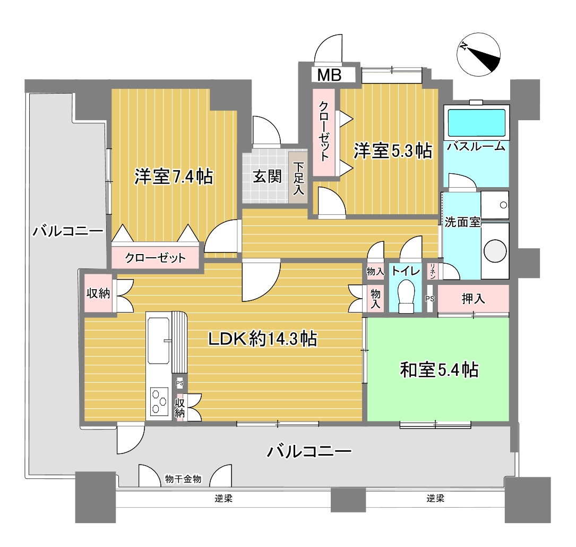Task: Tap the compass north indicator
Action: (478, 54)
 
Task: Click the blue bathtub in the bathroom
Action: (476, 122)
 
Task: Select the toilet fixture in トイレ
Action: (406, 297)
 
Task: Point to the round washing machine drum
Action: (495, 251)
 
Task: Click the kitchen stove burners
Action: (159, 401)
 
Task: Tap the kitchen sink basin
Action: (158, 340)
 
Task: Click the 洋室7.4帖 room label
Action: (174, 176)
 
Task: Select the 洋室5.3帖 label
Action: (393, 151)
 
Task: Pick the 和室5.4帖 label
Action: (439, 369)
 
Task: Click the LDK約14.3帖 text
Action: (263, 339)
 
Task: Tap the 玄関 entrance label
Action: (267, 176)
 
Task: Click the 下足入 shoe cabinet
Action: (298, 178)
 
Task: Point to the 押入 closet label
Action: (473, 298)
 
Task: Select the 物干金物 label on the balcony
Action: (183, 479)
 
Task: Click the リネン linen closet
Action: (432, 271)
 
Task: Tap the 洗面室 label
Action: (462, 222)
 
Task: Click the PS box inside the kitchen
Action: (179, 383)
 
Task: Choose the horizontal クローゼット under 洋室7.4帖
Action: (156, 257)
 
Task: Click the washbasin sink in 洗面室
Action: (495, 205)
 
